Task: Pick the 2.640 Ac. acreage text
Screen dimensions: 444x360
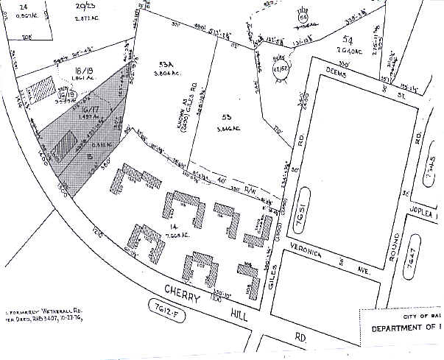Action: pos(347,51)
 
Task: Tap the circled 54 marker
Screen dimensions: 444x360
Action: pos(303,16)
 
